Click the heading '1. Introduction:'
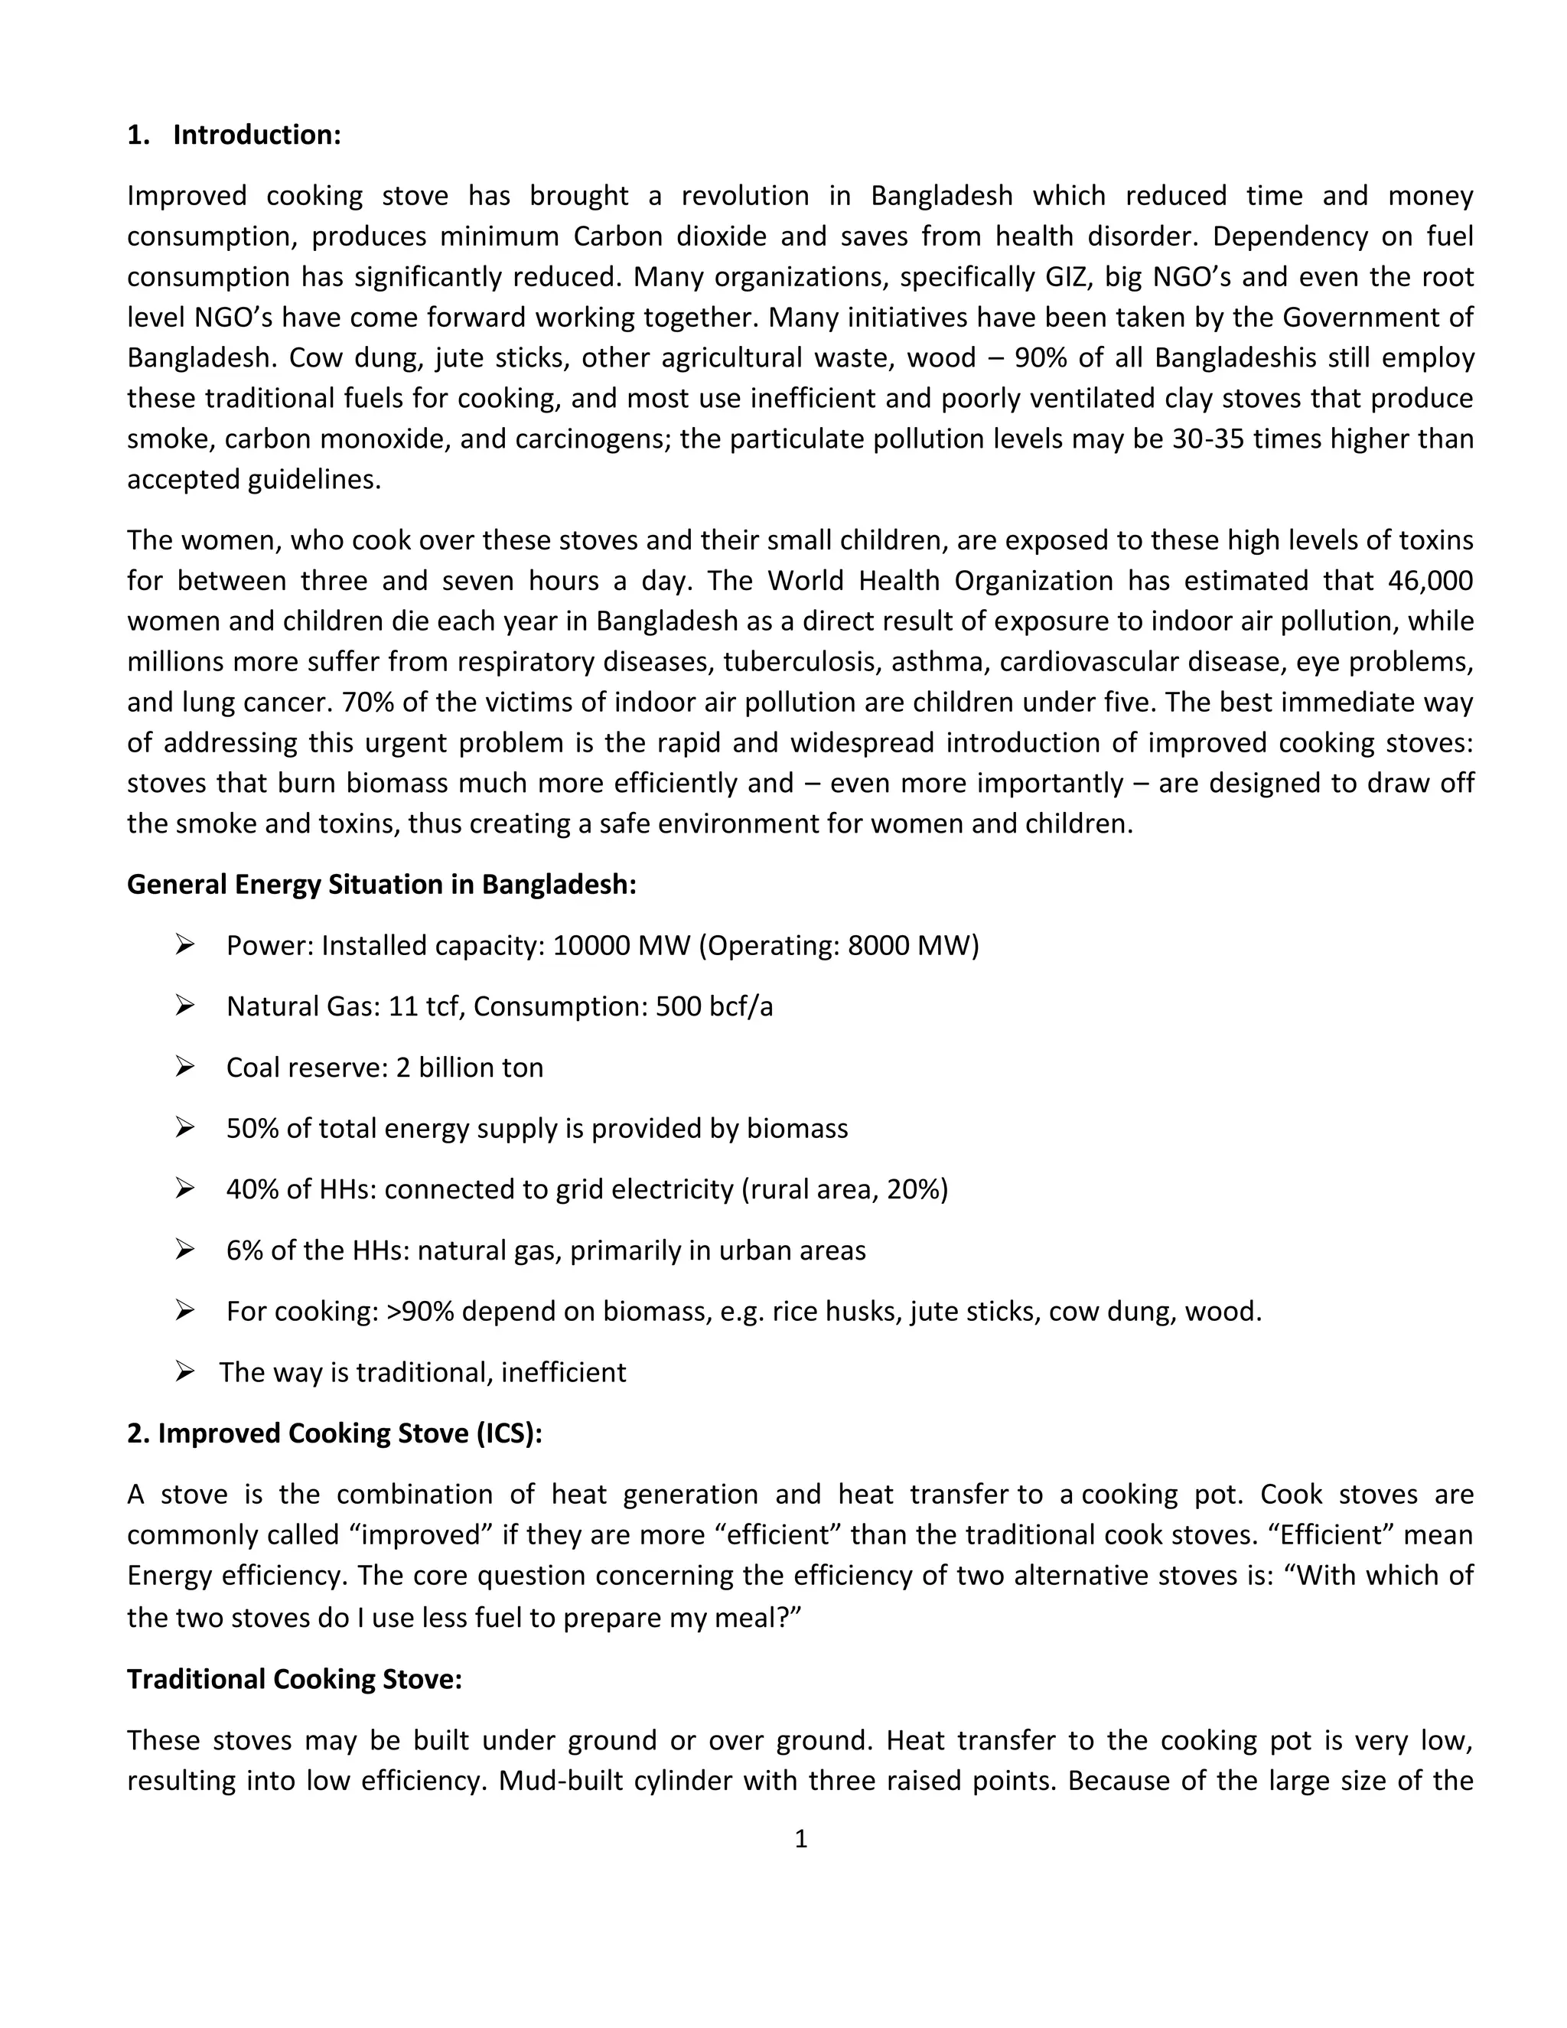tap(234, 135)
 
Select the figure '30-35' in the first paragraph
tap(1207, 439)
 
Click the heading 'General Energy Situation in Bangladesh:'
tap(382, 884)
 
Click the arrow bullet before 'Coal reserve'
tap(184, 1067)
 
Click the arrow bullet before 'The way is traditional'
tap(184, 1371)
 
